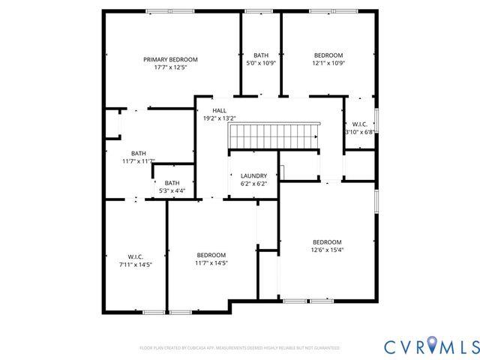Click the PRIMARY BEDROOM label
(x=170, y=59)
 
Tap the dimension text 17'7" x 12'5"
(x=170, y=67)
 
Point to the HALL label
(x=219, y=110)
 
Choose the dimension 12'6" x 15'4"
(x=327, y=250)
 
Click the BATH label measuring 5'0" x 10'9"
(x=261, y=55)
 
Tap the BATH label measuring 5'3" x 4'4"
(x=172, y=183)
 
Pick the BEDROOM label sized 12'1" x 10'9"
(x=328, y=55)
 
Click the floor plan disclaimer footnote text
(x=240, y=348)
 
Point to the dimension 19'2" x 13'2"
(x=219, y=118)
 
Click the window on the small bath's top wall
(x=259, y=10)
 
